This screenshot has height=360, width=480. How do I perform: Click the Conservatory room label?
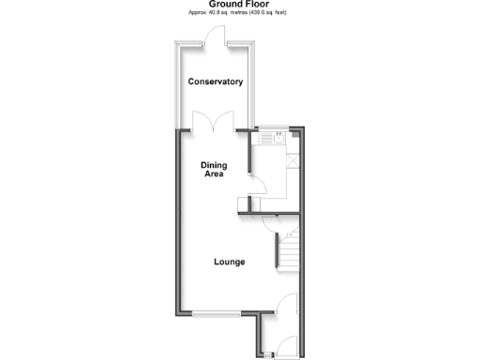(216, 82)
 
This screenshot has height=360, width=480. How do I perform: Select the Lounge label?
(230, 262)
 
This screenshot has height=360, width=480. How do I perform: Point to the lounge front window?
(217, 312)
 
